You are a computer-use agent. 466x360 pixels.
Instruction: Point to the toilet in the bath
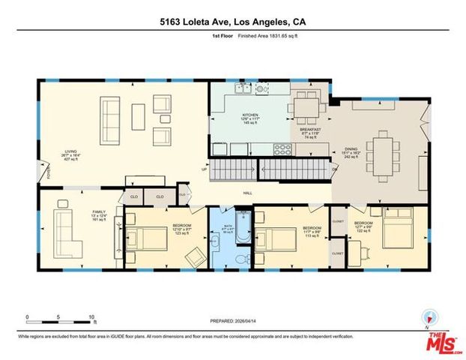coord(238,257)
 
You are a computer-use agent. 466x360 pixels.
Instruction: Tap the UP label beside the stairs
coord(204,168)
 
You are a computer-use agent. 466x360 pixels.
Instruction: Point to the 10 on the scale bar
coord(91,316)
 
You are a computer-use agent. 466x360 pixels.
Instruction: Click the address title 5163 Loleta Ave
coord(232,22)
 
